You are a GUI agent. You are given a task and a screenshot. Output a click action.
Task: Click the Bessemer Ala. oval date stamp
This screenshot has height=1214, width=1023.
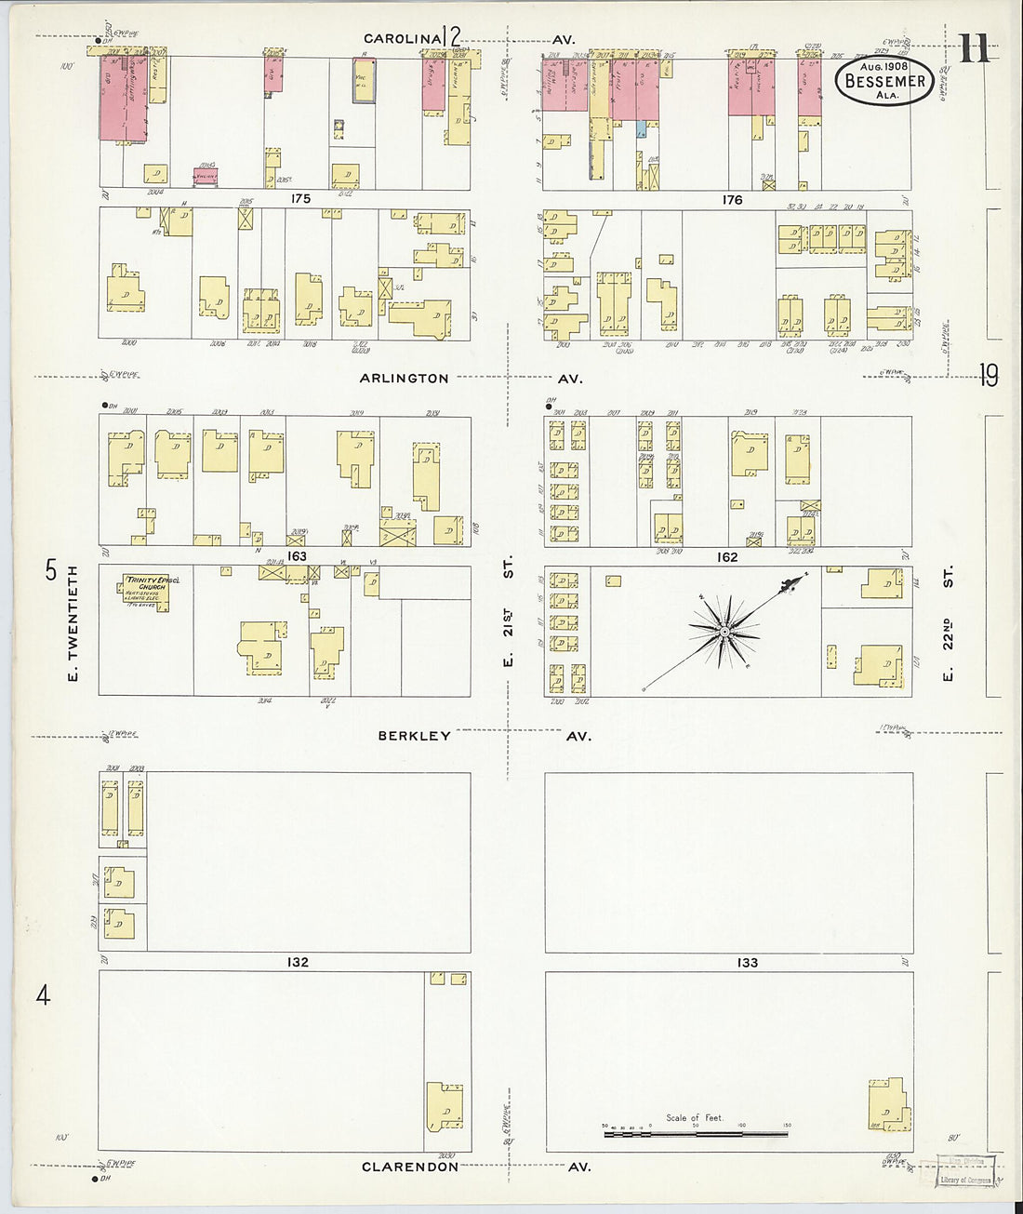(x=883, y=80)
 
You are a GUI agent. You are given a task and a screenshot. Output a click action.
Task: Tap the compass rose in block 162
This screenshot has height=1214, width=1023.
(x=724, y=632)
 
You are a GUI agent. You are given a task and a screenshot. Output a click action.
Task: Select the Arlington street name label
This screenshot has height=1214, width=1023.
(x=405, y=379)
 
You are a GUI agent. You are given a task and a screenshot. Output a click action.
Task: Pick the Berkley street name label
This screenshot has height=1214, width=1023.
(x=414, y=736)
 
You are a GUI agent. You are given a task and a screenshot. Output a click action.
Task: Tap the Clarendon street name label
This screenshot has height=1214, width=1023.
(x=410, y=1167)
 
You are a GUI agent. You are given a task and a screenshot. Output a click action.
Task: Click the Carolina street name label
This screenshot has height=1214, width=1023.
(x=402, y=39)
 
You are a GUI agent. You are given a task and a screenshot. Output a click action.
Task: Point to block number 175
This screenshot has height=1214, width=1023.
(x=299, y=199)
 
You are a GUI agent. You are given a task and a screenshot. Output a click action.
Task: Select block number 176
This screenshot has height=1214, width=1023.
(x=732, y=200)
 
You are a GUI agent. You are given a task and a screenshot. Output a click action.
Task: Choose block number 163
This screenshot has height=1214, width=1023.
(x=297, y=556)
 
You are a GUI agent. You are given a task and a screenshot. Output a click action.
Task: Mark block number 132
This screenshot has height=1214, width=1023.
(x=297, y=962)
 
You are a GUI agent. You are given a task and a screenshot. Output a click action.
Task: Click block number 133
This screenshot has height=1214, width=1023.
(x=748, y=963)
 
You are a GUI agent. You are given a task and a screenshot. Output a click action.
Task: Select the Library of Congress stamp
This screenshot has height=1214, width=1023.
(x=964, y=1170)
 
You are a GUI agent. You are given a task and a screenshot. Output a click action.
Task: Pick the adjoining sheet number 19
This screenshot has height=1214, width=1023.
(x=988, y=376)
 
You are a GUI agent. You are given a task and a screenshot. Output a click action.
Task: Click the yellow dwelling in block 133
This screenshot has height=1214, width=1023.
(x=886, y=1104)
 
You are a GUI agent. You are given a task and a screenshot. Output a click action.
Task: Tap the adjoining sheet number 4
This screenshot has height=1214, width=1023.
(x=43, y=995)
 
